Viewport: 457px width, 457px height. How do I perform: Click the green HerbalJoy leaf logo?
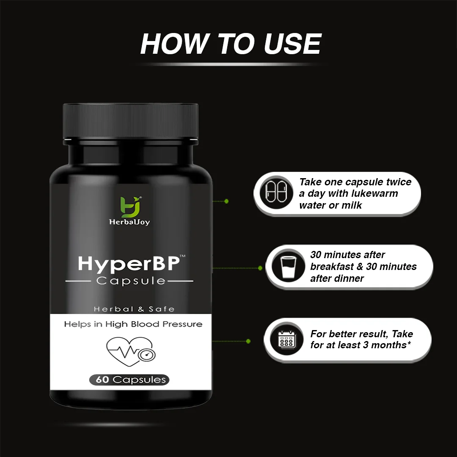point(130,207)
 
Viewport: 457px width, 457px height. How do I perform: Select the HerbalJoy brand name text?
point(129,222)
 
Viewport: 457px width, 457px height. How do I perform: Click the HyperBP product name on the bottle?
point(129,264)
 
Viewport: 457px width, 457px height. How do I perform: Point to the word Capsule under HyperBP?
point(131,281)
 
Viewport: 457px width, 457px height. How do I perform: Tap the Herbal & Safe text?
point(134,309)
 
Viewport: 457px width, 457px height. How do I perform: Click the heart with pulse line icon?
point(131,352)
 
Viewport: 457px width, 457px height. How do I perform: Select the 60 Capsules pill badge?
point(129,380)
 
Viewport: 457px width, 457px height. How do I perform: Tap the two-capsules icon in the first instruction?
point(276,193)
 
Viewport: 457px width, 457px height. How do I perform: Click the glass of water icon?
point(288,266)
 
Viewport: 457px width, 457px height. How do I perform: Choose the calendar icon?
point(287,339)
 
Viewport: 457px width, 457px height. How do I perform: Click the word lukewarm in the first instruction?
point(374,193)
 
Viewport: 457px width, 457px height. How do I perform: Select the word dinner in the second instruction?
point(350,278)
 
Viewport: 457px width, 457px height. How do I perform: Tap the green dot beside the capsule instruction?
point(226,201)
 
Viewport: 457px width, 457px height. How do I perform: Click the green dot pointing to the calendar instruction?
point(248,341)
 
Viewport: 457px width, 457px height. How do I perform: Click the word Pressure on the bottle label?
point(182,324)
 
